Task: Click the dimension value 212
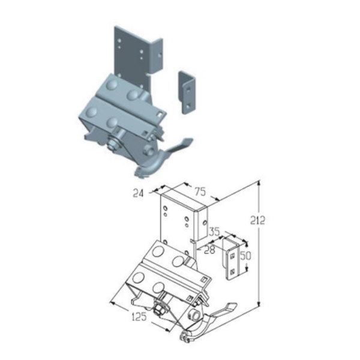[x=257, y=220]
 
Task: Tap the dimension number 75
[x=200, y=191]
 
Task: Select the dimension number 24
[x=138, y=193]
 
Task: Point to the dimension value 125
[x=139, y=317]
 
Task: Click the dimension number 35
[x=215, y=232]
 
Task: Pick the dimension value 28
[x=209, y=250]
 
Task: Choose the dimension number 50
[x=245, y=256]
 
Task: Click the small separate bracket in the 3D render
[x=187, y=93]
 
